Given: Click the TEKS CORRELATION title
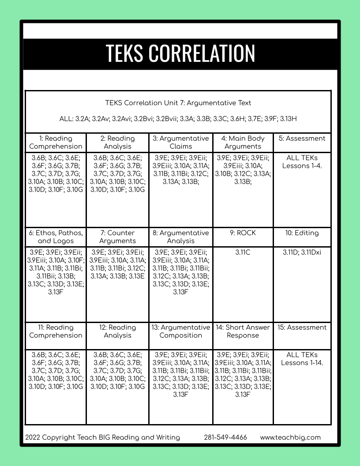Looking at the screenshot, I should (x=180, y=53).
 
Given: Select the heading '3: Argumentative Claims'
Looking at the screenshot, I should (x=180, y=143).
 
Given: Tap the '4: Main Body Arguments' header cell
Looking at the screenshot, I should (x=243, y=143).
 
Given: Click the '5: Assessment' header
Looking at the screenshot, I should (x=302, y=139).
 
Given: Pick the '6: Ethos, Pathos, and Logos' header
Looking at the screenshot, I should (x=56, y=237).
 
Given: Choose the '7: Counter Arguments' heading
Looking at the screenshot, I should (x=117, y=237).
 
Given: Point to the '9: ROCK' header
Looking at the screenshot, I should (x=243, y=233).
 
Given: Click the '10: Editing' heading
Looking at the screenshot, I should (x=302, y=233).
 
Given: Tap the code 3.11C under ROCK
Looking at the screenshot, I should (x=243, y=252).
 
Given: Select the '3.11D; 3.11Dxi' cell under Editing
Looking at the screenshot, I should (x=302, y=252).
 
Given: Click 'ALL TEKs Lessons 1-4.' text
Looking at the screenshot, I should (x=302, y=162).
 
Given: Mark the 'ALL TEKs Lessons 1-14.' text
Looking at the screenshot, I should (x=302, y=359).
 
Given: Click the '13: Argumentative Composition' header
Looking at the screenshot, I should (x=180, y=331).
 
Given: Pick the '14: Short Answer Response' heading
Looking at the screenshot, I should (x=243, y=331).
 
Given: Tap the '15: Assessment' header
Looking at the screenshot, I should (x=302, y=327).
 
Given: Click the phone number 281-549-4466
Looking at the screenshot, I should (x=225, y=438).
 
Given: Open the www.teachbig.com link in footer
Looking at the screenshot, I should (x=290, y=438).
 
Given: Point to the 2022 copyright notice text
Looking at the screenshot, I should (x=103, y=438).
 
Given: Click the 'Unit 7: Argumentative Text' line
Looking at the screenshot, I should (x=178, y=103).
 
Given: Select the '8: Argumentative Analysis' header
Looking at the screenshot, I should (x=180, y=237).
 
